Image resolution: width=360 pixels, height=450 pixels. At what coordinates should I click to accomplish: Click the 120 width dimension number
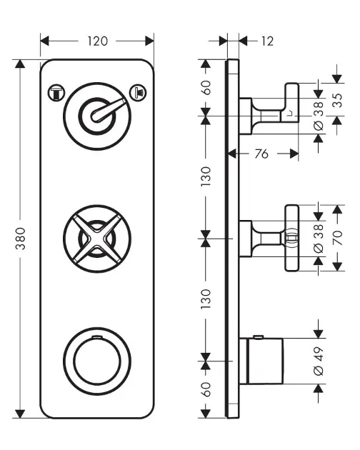98,41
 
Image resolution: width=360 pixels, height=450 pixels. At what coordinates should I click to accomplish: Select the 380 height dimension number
21,239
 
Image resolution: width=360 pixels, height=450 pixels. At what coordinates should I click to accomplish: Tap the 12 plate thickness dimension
267,41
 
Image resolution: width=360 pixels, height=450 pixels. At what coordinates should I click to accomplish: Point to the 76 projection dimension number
261,154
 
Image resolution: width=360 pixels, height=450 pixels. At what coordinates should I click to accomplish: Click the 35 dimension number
338,100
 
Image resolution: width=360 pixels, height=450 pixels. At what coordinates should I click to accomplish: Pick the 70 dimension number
338,238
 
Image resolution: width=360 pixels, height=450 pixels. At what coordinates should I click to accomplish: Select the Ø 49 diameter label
319,361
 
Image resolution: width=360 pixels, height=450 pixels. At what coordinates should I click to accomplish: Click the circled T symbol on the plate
56,93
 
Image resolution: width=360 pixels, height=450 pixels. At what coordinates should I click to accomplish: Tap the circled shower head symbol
138,92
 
